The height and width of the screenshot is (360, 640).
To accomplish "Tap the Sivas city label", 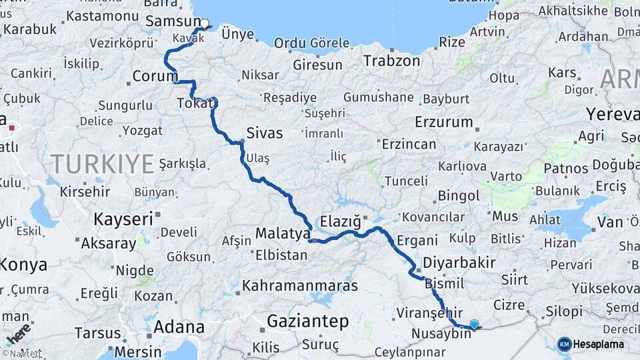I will click(264, 132).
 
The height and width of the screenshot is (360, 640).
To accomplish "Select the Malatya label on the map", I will click(283, 234).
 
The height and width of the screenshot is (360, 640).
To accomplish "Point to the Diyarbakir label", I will click(459, 262).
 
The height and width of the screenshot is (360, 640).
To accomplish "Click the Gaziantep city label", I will click(307, 321).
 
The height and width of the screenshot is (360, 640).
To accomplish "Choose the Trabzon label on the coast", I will click(391, 61).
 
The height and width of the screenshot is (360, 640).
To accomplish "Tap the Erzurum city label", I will click(443, 123).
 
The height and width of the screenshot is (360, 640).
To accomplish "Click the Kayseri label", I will click(123, 218).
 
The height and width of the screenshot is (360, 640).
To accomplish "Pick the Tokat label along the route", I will click(196, 103).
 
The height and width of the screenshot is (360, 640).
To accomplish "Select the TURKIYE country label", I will click(103, 163).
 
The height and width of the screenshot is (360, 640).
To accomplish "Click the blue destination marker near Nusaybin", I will click(474, 324).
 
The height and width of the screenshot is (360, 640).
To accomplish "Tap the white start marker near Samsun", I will click(205, 23).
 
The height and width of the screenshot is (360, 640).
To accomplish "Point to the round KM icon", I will click(565, 344).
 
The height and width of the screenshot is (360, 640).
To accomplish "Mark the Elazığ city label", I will click(340, 220).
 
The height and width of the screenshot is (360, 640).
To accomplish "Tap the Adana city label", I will click(179, 327).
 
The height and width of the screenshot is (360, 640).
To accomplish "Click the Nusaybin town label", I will click(441, 333).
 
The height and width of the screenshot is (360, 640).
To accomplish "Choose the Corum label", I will click(155, 76).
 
